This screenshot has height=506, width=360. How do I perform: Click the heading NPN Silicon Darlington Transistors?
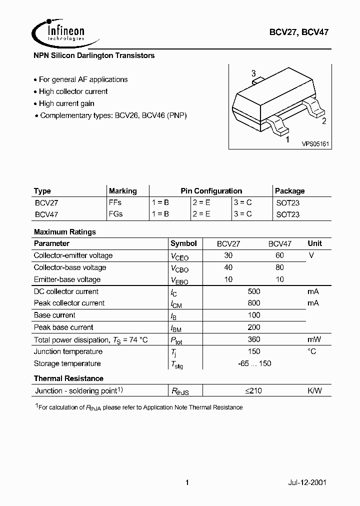94,55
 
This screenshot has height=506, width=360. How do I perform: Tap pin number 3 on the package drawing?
253,73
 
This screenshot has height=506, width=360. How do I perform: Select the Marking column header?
122,191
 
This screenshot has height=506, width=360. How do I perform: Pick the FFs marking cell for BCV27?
115,203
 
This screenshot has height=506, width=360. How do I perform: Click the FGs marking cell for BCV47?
115,214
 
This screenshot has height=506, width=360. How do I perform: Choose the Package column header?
289,191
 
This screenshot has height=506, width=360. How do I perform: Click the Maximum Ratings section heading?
64,232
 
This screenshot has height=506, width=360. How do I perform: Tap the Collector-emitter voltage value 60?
280,255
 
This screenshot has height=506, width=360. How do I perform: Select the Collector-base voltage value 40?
228,267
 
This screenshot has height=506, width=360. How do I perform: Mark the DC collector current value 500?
254,291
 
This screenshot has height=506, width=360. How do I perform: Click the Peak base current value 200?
254,327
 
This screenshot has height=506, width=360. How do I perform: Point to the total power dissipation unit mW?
314,339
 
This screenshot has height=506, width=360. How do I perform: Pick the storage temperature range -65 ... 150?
254,363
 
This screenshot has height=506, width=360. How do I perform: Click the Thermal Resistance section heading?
68,378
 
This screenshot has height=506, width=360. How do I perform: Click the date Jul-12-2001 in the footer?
307,483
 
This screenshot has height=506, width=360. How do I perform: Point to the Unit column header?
315,243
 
